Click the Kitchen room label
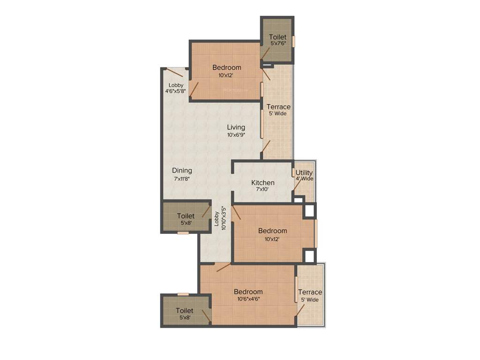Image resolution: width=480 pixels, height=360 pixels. pyautogui.click(x=262, y=182)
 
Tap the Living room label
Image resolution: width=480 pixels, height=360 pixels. pyautogui.click(x=236, y=127)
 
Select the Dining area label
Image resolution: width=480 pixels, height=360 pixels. pyautogui.click(x=182, y=171)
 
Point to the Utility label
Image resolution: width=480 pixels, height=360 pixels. pyautogui.click(x=304, y=172)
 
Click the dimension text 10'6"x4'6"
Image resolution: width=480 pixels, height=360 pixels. pyautogui.click(x=248, y=299)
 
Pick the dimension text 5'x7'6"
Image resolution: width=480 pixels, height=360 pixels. pyautogui.click(x=277, y=44)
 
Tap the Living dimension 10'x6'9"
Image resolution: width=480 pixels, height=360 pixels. pyautogui.click(x=236, y=135)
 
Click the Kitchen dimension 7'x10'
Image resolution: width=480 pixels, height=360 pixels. pyautogui.click(x=262, y=190)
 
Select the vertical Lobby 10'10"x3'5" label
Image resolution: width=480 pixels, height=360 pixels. pyautogui.click(x=220, y=219)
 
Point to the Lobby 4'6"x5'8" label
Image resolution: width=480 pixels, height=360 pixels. pyautogui.click(x=176, y=88)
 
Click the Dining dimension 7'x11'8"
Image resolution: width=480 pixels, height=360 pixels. pyautogui.click(x=182, y=178)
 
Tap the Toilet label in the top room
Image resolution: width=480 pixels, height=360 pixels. pyautogui.click(x=277, y=37)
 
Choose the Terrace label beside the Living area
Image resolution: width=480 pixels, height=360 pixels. pyautogui.click(x=278, y=107)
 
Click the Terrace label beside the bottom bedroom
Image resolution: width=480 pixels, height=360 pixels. pyautogui.click(x=310, y=292)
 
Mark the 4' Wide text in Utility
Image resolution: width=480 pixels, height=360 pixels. pyautogui.click(x=304, y=179)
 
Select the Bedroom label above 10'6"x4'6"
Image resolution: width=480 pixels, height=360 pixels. pyautogui.click(x=248, y=292)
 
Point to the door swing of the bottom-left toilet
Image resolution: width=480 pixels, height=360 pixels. pyautogui.click(x=205, y=315)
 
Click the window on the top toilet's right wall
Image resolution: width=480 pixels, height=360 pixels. pyautogui.click(x=294, y=41)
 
